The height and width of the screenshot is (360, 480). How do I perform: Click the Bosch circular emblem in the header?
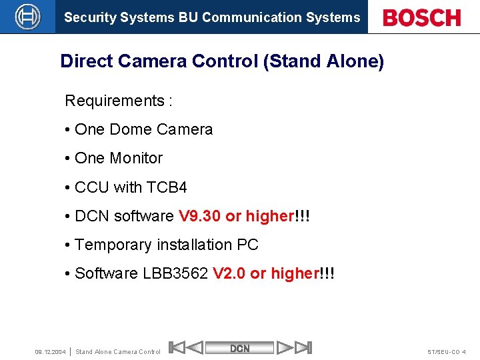27,17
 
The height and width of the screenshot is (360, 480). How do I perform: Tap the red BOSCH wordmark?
422,17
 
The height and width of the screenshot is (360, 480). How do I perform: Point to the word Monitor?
136,158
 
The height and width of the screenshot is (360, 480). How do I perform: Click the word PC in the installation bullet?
247,245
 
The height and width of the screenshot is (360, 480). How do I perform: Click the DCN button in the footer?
240,348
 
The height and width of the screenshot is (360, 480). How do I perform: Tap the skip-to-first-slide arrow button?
177,347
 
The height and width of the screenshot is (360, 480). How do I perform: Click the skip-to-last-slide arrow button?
303,347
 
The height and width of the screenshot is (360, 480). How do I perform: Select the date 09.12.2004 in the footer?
50,351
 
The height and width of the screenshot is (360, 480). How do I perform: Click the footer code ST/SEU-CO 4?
447,351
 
